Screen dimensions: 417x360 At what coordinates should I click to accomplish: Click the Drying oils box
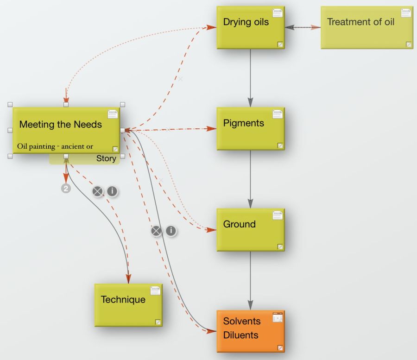251,28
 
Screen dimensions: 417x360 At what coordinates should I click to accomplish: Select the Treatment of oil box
367,28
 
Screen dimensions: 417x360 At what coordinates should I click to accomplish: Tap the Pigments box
251,129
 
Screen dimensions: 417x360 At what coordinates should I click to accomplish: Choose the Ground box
251,230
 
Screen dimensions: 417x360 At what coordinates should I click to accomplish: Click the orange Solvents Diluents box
251,331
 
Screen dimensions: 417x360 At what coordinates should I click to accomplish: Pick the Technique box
128,305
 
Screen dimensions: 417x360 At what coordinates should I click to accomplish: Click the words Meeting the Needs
61,125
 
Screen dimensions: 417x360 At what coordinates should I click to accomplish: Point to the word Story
106,158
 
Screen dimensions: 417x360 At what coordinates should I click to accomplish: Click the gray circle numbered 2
66,189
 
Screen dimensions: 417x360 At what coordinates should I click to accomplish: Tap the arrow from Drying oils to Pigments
250,78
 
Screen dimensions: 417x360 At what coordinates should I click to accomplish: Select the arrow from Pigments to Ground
250,179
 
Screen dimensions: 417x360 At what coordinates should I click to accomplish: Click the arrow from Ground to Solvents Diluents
250,281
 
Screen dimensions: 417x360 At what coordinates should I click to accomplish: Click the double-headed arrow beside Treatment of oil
303,27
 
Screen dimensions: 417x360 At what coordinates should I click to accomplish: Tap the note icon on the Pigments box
278,114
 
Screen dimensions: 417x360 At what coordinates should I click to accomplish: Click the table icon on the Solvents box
278,317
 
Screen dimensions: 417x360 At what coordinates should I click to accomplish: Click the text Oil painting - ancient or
55,146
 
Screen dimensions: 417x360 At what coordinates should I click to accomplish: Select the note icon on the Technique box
155,291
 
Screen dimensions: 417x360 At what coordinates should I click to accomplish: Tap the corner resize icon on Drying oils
280,44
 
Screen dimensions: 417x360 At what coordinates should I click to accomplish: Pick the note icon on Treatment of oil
406,13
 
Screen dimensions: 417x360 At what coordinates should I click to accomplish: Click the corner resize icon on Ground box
280,247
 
